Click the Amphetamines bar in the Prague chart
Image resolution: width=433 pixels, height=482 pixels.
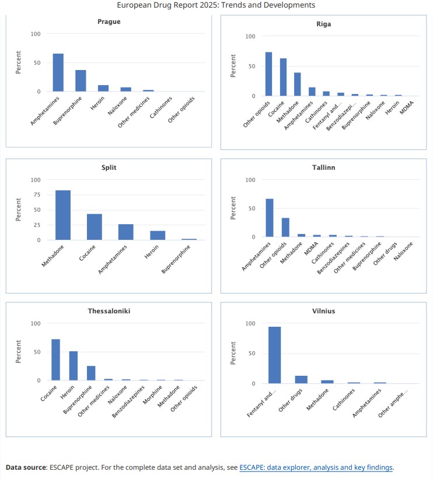pyautogui.click(x=58, y=73)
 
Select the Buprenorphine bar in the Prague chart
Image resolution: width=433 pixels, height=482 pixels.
pyautogui.click(x=81, y=81)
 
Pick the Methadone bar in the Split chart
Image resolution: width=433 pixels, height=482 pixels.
pyautogui.click(x=63, y=215)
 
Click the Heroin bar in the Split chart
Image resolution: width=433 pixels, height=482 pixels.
pyautogui.click(x=158, y=235)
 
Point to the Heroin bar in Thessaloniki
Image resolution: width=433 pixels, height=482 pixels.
pyautogui.click(x=74, y=366)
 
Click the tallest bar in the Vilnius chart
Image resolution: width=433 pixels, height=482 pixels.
pyautogui.click(x=274, y=355)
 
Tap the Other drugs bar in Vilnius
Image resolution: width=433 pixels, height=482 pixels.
pyautogui.click(x=301, y=379)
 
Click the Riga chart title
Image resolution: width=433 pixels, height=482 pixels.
pyautogui.click(x=323, y=25)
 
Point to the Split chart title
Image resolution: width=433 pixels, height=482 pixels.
pyautogui.click(x=108, y=168)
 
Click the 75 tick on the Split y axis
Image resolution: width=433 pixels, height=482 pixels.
pyautogui.click(x=37, y=195)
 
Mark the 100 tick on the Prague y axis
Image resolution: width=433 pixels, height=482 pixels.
pyautogui.click(x=36, y=34)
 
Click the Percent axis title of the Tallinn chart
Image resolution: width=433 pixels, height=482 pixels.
pyautogui.click(x=233, y=208)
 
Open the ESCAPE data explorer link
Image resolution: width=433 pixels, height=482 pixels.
pyautogui.click(x=316, y=467)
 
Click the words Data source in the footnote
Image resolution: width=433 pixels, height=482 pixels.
pyautogui.click(x=26, y=467)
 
